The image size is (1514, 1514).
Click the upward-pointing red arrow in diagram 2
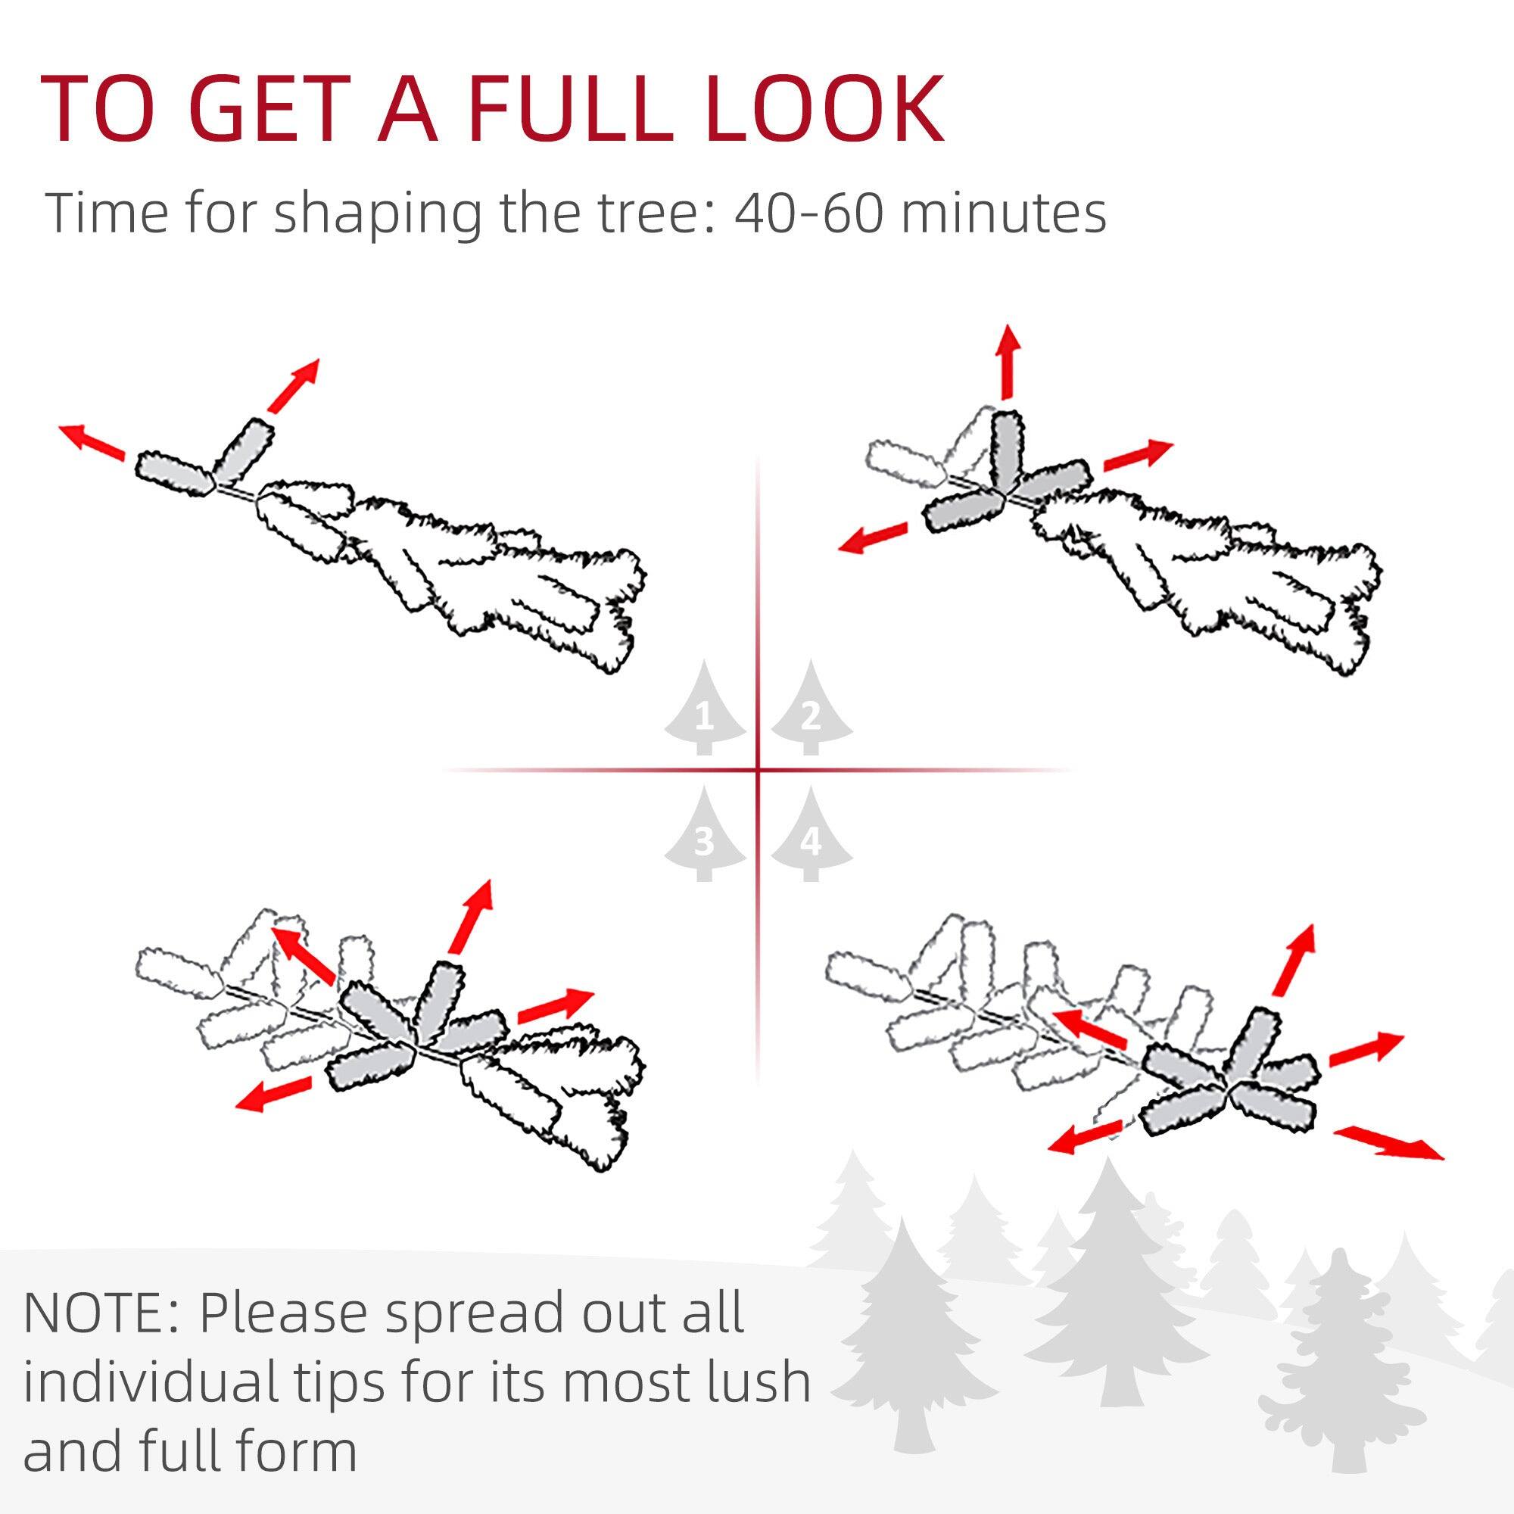pos(1008,360)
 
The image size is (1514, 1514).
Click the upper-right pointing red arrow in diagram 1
pos(293,385)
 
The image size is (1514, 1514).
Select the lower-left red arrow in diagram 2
pos(872,538)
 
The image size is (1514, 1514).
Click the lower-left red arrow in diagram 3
pos(273,1093)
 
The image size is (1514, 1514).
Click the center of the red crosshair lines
pos(758,770)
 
